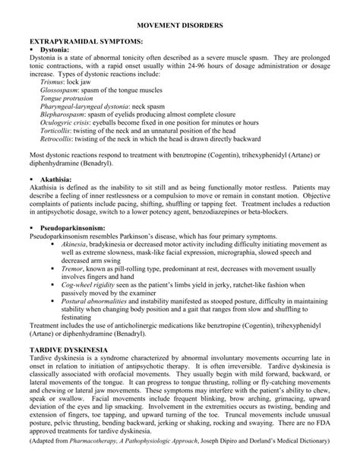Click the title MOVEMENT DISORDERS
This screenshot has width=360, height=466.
(179, 25)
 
